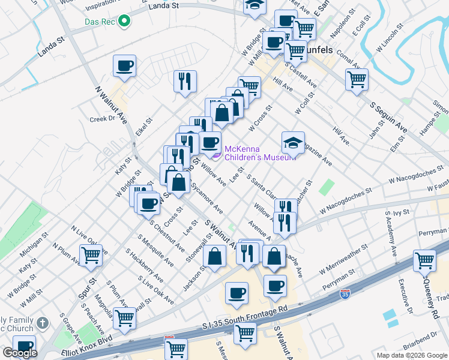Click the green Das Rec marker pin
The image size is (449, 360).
pyautogui.click(x=124, y=22)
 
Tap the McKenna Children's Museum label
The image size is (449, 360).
pyautogui.click(x=260, y=154)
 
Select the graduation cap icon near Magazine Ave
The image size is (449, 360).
pyautogui.click(x=293, y=143)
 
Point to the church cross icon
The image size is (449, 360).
pyautogui.click(x=42, y=323)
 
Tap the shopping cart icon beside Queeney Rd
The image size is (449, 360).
pyautogui.click(x=424, y=261)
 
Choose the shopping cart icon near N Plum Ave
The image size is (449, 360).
pyautogui.click(x=91, y=255)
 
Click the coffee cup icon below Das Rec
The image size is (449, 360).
pyautogui.click(x=124, y=66)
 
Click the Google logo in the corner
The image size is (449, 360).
pyautogui.click(x=20, y=353)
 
